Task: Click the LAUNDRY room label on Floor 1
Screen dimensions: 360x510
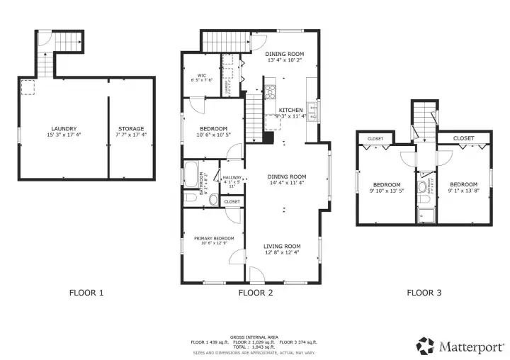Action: pos(64,128)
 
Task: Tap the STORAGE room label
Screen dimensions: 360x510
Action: pos(130,128)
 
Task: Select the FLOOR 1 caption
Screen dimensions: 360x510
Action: pos(86,292)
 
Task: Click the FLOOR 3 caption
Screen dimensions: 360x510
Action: pos(424,292)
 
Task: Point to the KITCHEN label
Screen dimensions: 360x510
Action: pos(290,110)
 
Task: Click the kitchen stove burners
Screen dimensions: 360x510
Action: pos(270,91)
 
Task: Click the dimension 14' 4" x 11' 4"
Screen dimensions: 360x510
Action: pos(286,183)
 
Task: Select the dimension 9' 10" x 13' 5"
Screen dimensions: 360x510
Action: pos(387,190)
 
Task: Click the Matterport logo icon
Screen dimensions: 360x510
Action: pos(425,346)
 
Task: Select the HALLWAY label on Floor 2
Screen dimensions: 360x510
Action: pos(232,179)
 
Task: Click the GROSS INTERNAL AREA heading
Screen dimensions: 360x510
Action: pos(254,337)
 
